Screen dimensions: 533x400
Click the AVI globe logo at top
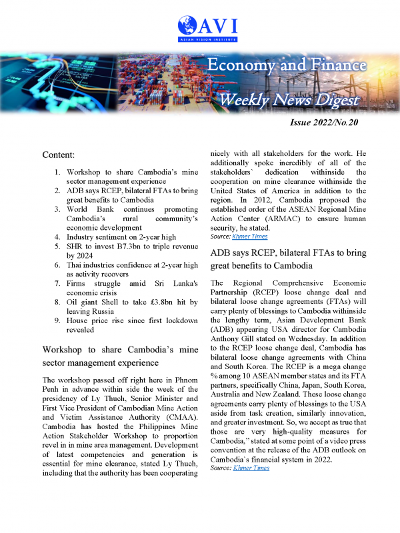pyautogui.click(x=189, y=27)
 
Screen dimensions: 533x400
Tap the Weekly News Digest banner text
pyautogui.click(x=289, y=101)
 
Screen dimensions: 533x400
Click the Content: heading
pyautogui.click(x=62, y=155)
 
